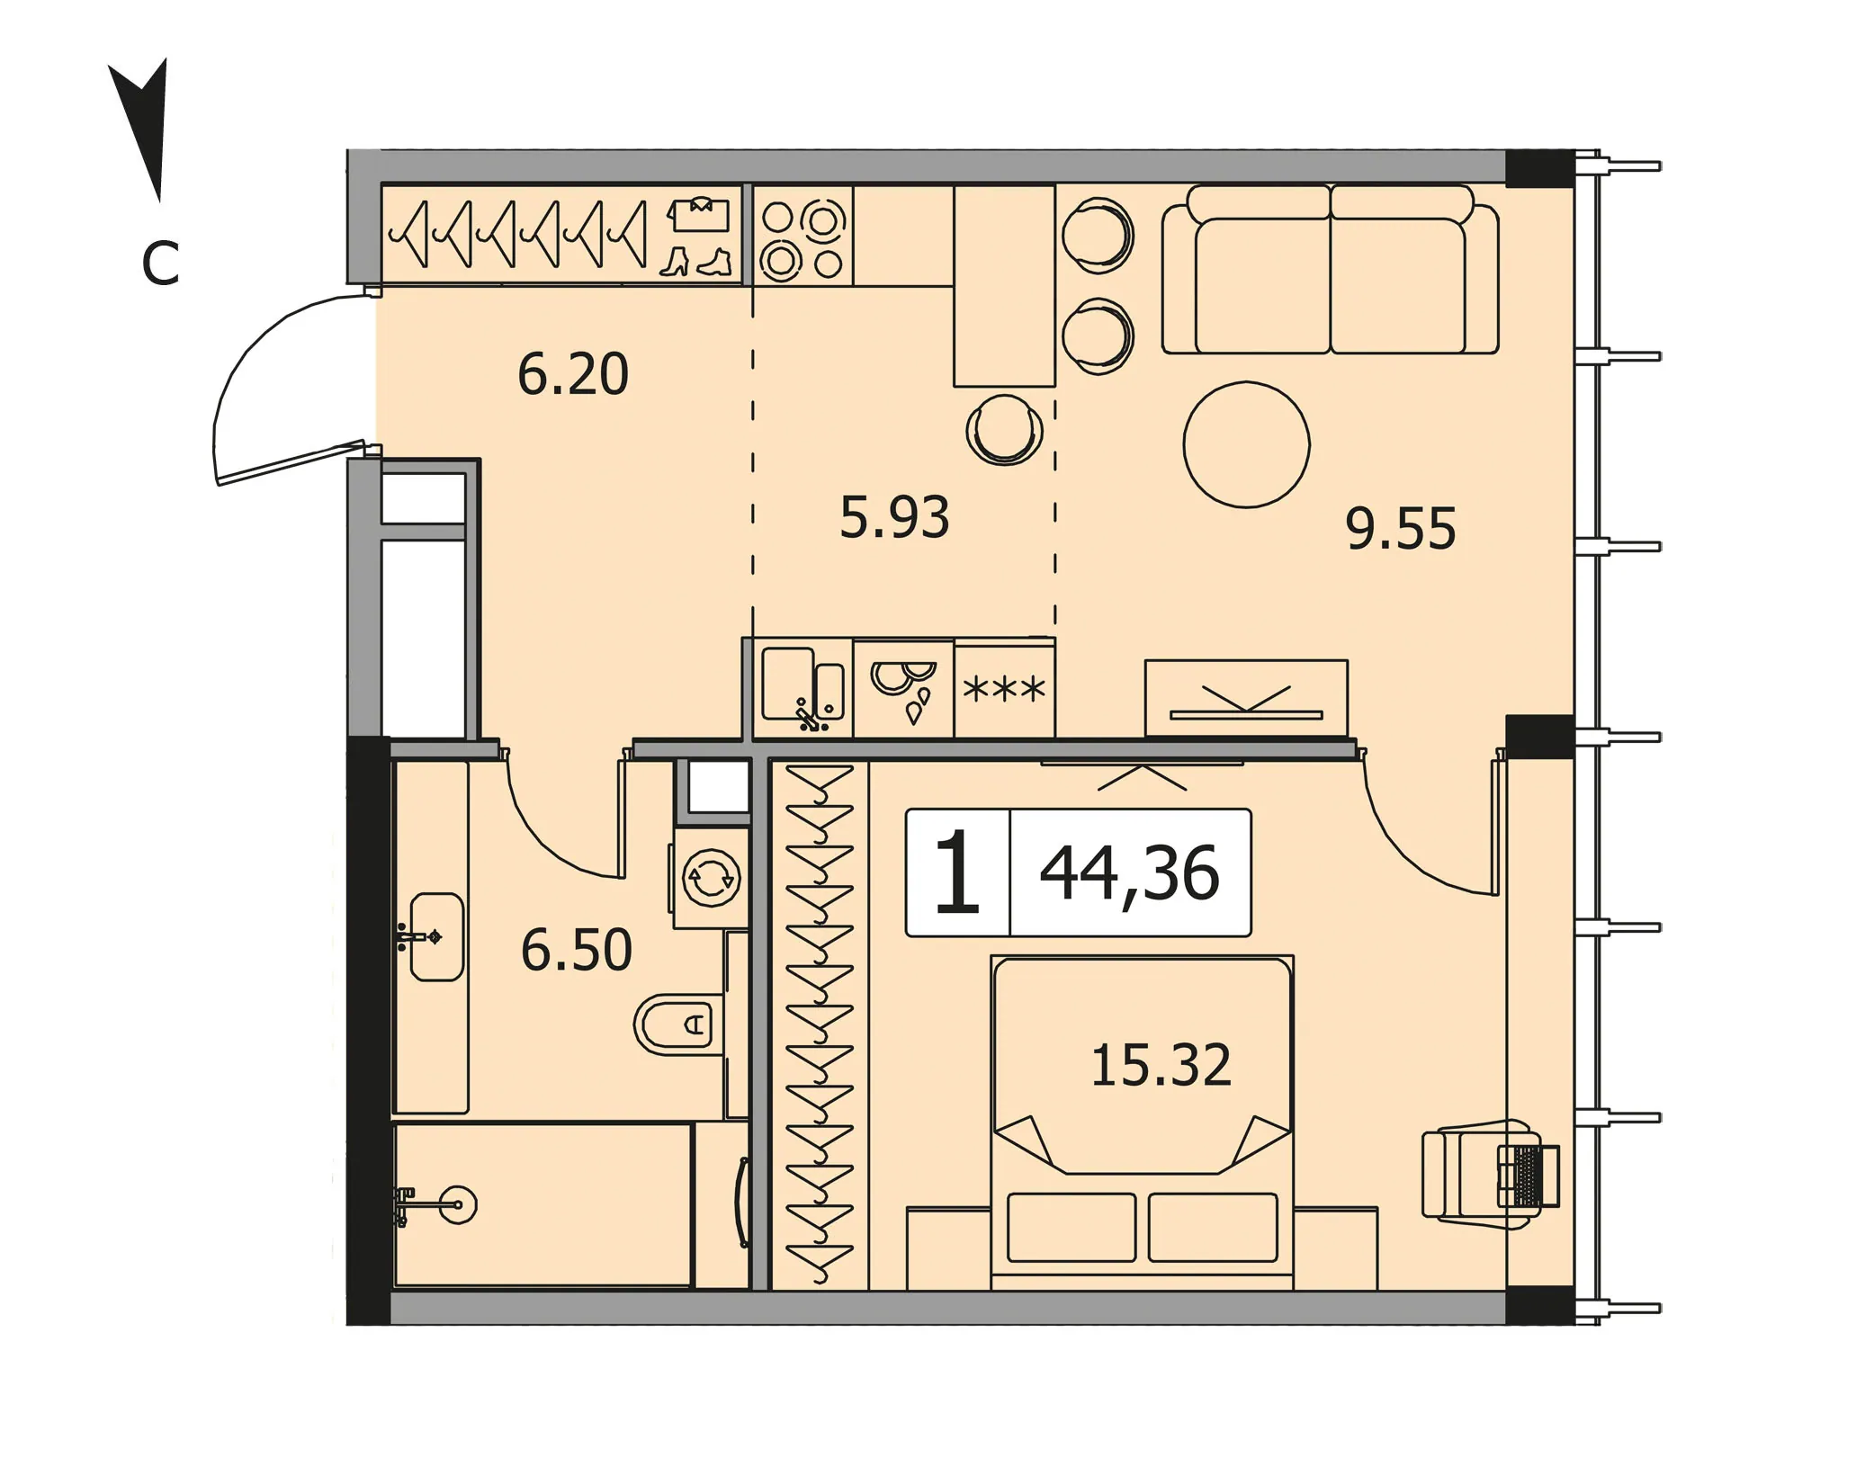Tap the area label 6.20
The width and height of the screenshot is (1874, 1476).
coord(573,375)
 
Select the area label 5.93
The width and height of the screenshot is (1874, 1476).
coord(894,518)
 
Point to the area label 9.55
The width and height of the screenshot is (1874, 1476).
coord(1401,529)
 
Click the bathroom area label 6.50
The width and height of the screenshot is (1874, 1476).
coord(577,951)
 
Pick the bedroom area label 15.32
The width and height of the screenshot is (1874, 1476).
coord(1161,1066)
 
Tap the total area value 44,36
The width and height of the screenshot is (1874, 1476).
coord(1129,873)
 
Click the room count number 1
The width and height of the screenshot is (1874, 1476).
coord(957,872)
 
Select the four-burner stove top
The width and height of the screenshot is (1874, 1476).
coord(803,236)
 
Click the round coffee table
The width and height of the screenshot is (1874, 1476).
coord(1246,444)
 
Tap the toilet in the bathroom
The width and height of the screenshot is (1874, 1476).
coord(679,1024)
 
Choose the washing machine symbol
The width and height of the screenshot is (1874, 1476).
coord(711,878)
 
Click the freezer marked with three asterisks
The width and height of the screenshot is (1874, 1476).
coord(1004,689)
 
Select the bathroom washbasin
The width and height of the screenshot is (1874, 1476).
coord(435,936)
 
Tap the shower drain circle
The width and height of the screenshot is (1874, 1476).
coord(458,1203)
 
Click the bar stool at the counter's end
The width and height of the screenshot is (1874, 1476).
coord(1004,430)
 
